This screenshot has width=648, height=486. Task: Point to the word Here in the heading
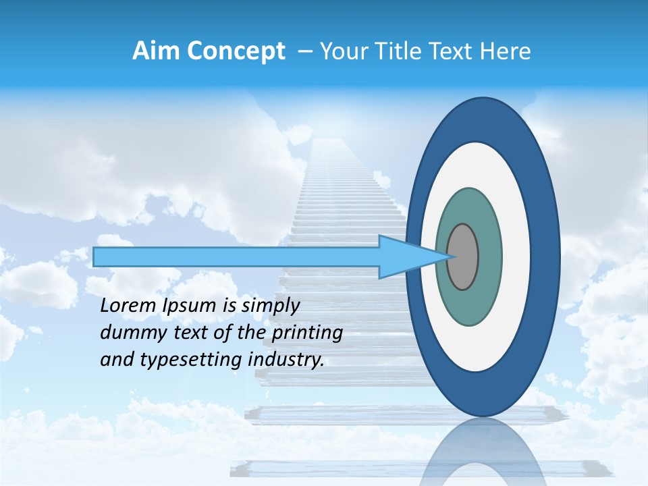505,51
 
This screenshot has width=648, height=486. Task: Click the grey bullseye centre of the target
463,256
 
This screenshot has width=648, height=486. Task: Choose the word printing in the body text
307,333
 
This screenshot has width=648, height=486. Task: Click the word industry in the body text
286,360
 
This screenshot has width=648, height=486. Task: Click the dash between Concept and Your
304,52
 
